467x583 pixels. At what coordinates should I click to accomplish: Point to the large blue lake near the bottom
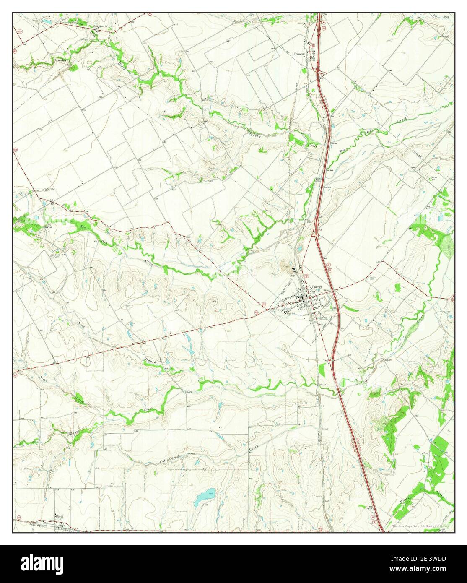(x=204, y=497)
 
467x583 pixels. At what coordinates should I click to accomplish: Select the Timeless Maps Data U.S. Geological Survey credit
(x=420, y=526)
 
